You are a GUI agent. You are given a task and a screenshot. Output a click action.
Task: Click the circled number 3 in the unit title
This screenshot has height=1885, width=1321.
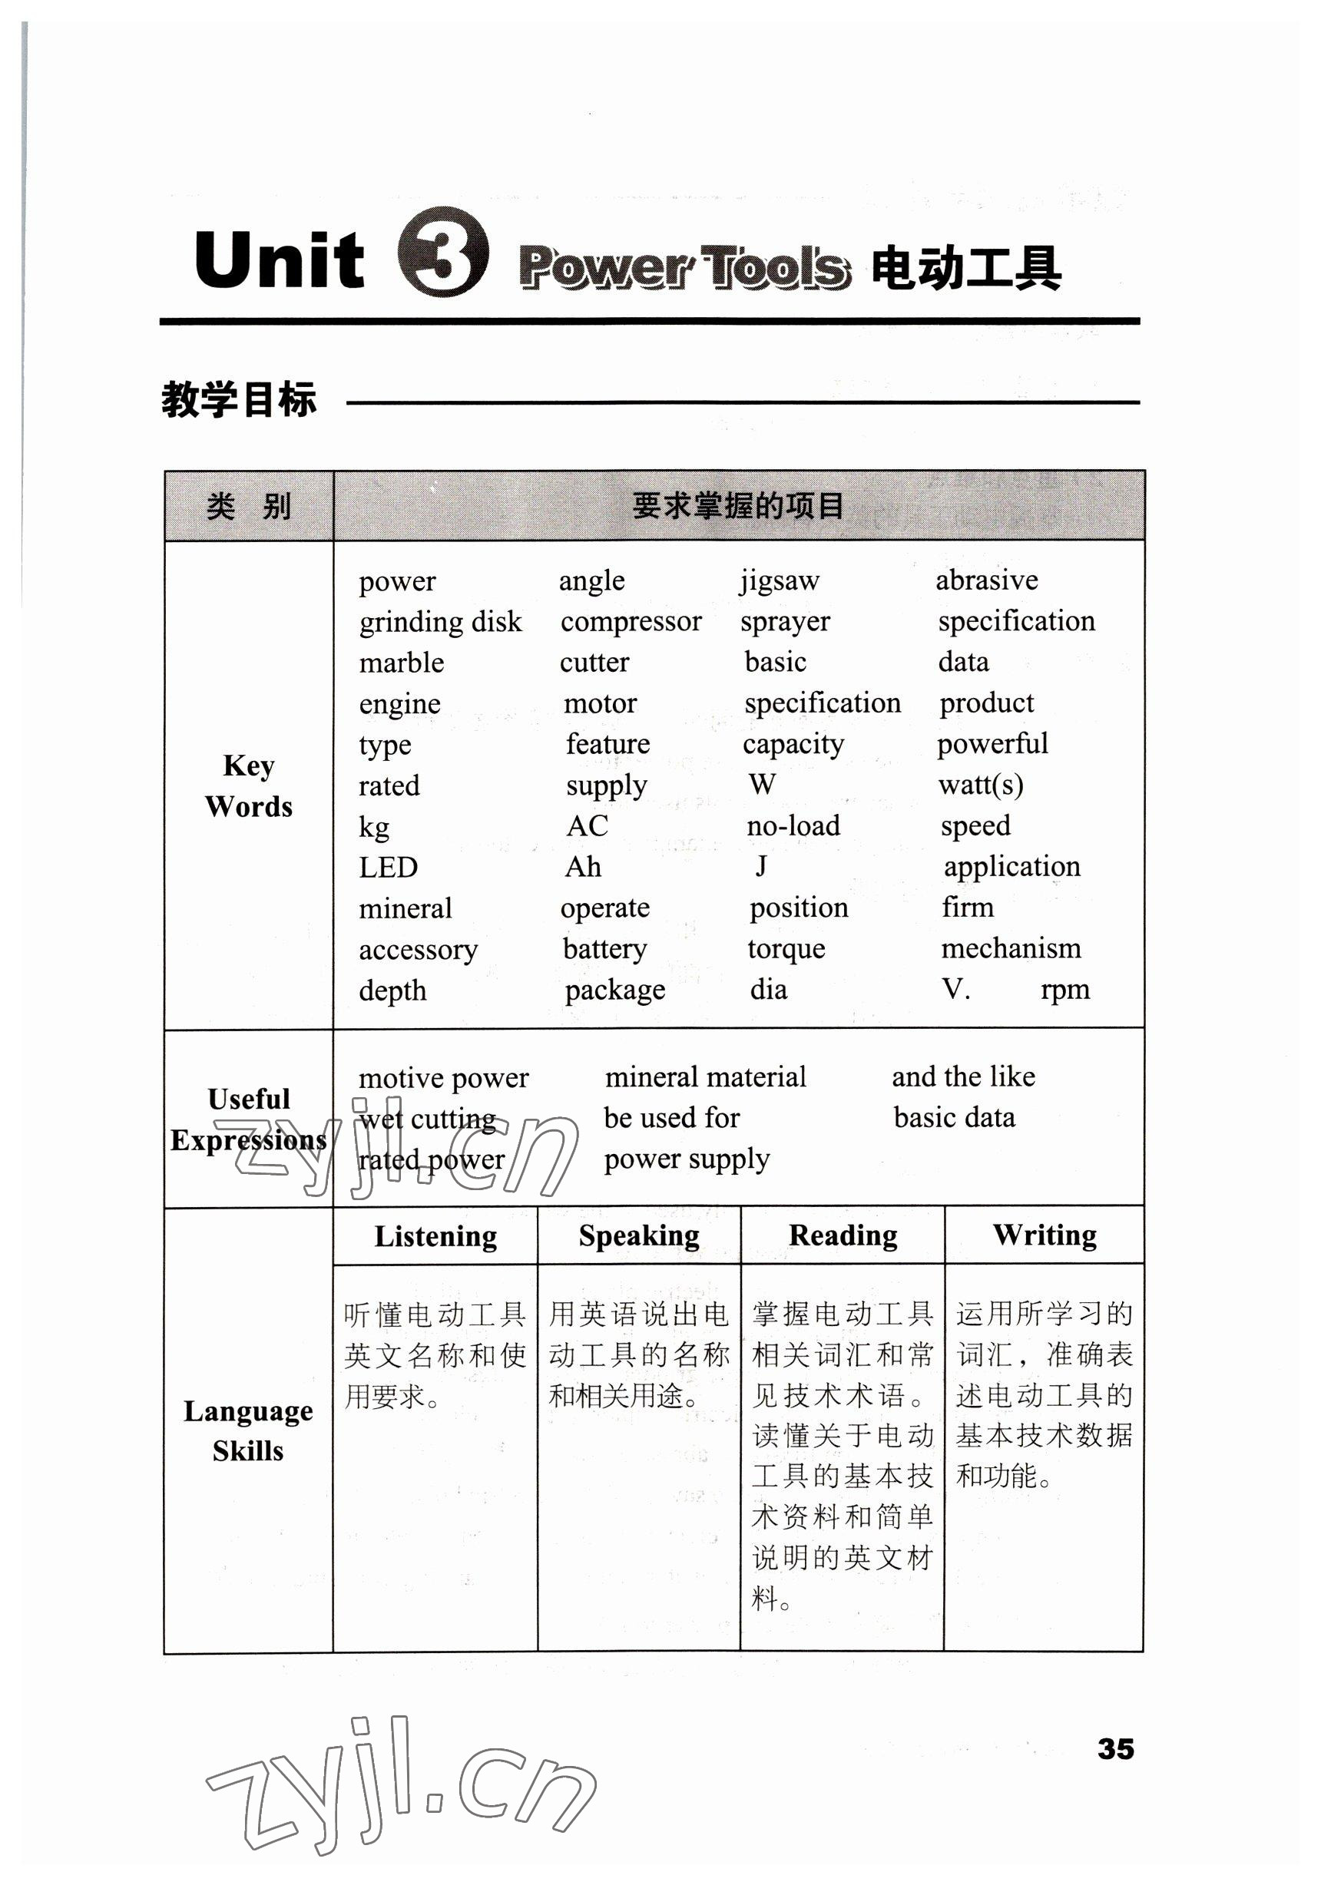(442, 252)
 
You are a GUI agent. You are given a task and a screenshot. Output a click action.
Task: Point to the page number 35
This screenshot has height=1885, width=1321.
(1115, 1749)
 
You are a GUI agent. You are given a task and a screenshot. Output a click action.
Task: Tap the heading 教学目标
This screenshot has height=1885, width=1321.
(239, 401)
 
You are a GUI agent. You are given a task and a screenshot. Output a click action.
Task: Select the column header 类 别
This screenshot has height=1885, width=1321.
(249, 506)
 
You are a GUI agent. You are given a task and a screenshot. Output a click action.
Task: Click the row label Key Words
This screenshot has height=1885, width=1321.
(249, 785)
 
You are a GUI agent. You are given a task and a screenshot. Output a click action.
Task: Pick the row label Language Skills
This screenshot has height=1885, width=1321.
(248, 1430)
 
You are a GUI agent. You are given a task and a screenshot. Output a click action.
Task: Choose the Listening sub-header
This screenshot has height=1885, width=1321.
(435, 1236)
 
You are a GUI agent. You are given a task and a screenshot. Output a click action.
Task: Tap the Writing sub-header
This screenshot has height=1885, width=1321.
(1045, 1235)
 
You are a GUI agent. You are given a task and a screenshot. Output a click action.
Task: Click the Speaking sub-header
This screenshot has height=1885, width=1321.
(639, 1235)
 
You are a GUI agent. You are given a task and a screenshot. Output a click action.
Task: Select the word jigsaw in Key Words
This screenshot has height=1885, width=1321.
(779, 581)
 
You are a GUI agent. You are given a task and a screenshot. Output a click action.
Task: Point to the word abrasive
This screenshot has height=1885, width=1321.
(987, 580)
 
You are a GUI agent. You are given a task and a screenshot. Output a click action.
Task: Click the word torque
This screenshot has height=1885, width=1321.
(786, 949)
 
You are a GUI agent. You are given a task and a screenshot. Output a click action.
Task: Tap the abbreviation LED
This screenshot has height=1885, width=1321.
(389, 867)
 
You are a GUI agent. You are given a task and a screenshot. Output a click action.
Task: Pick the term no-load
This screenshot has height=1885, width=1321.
(793, 826)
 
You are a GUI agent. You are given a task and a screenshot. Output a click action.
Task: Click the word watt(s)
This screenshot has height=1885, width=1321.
(980, 785)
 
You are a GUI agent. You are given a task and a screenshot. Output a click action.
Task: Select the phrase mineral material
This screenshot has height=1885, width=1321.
(705, 1077)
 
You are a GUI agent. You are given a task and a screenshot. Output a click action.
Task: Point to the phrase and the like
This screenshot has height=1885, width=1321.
(963, 1076)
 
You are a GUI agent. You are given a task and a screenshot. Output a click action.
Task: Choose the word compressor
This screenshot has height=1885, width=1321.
(631, 622)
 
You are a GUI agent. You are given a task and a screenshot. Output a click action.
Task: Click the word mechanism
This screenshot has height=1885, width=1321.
(1011, 949)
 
